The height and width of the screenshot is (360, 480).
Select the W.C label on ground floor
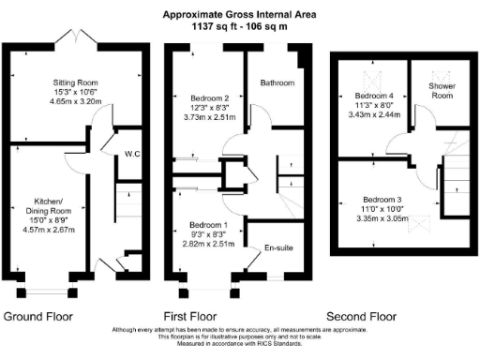(132, 154)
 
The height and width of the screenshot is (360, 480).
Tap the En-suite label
(277, 250)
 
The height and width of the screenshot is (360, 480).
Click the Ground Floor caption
(38, 316)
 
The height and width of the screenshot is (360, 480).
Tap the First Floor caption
(190, 316)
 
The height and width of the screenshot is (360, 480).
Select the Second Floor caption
(360, 316)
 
